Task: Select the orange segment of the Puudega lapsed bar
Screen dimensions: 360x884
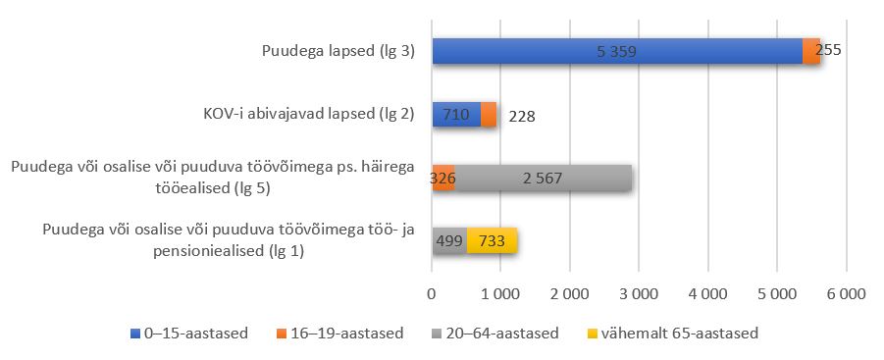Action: coord(810,51)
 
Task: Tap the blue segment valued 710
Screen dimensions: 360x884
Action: coord(456,115)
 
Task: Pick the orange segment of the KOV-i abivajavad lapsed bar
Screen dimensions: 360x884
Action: coord(489,115)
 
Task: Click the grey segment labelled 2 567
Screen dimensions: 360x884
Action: coord(543,178)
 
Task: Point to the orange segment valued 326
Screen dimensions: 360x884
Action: coord(443,178)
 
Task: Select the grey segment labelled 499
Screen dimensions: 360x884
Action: coord(449,240)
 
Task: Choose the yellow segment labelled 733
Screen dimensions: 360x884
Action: coord(492,240)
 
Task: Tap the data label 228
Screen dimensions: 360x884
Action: coord(521,116)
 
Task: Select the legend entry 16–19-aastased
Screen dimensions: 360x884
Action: coord(346,334)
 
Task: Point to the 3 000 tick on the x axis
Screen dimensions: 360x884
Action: coord(639,293)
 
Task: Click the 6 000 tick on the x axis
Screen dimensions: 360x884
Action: coord(846,293)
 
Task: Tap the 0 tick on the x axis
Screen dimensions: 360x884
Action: coord(432,293)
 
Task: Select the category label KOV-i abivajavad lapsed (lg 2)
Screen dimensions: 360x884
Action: coord(301,115)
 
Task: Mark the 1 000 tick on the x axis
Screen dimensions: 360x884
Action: coord(500,293)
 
